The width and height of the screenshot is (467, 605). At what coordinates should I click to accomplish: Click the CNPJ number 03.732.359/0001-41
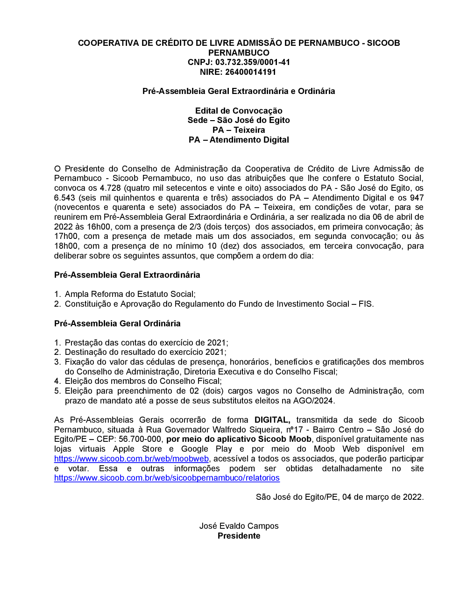(x=253, y=62)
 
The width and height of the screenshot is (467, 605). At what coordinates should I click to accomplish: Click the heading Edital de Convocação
(x=239, y=111)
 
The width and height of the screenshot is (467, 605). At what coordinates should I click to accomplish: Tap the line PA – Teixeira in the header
(x=239, y=130)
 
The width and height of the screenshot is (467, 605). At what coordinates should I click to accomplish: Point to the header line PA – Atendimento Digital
(x=239, y=140)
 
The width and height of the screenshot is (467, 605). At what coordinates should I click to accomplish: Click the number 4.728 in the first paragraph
(x=110, y=188)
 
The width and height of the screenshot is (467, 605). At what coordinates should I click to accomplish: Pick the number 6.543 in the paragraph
(x=64, y=198)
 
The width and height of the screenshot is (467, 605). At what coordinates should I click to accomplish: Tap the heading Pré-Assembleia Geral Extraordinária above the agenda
(x=127, y=275)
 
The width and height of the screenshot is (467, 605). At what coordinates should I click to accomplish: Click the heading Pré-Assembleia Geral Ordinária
(x=117, y=324)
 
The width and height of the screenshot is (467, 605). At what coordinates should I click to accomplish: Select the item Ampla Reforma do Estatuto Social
(x=129, y=294)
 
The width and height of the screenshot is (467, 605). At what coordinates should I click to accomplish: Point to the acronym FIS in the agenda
(x=365, y=304)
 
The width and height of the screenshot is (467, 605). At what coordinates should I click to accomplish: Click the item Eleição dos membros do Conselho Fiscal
(x=142, y=381)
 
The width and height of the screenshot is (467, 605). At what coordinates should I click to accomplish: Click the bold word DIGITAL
(x=272, y=420)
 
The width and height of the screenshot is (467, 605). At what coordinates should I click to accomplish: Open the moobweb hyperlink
(x=131, y=459)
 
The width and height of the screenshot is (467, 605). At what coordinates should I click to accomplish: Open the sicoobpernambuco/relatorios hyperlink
(x=167, y=478)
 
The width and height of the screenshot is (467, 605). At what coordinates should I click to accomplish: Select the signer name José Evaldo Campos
(x=239, y=526)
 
